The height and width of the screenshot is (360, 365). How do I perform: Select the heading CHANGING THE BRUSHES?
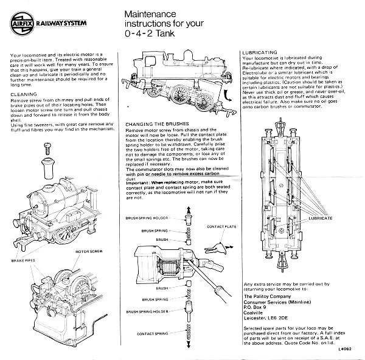pos(154,124)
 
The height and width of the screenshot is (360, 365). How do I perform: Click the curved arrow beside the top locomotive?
pos(228,95)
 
